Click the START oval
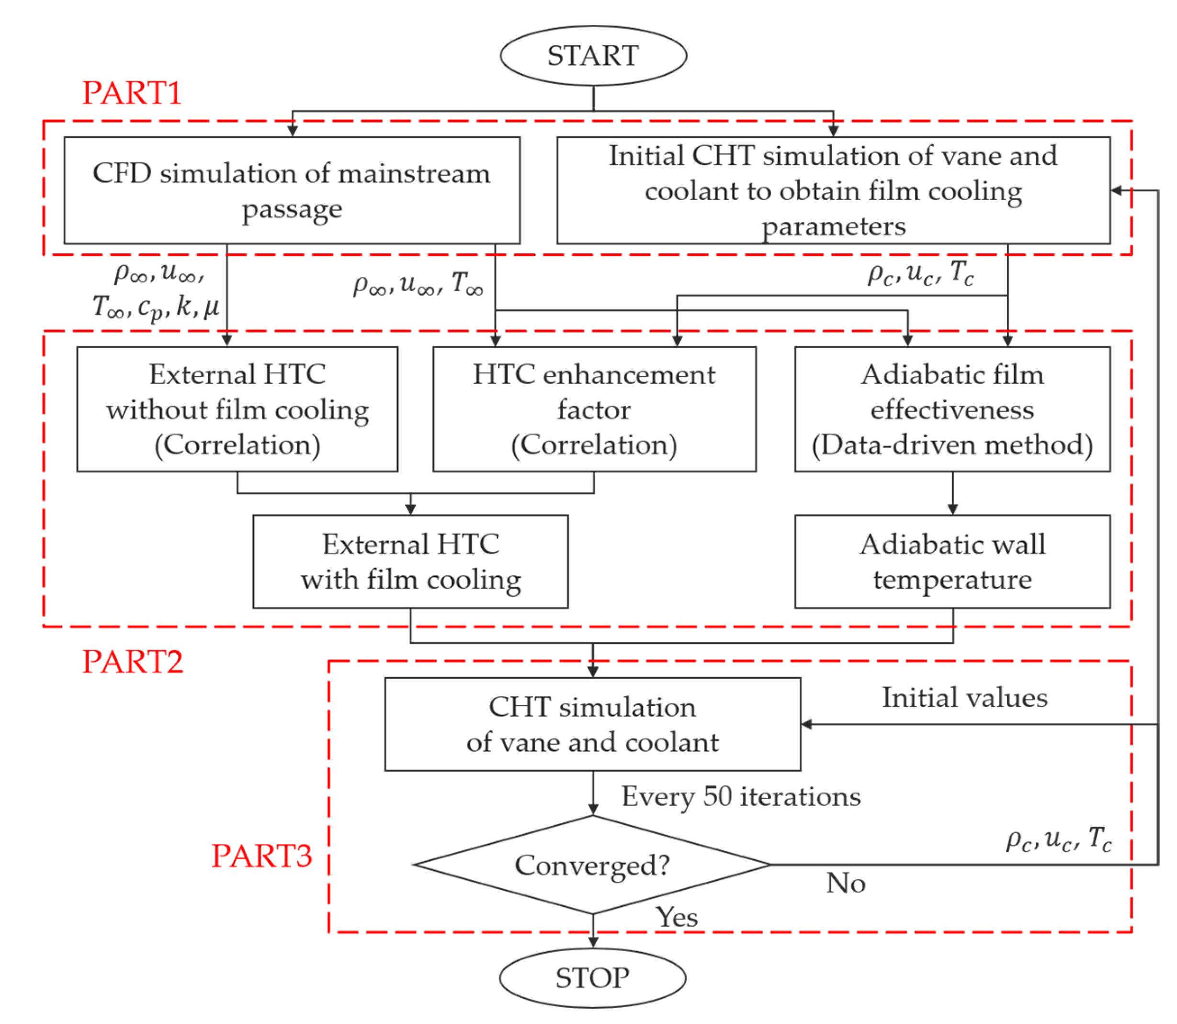(593, 56)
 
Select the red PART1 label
(132, 92)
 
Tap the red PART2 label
(133, 662)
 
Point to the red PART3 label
(261, 855)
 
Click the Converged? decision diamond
(592, 865)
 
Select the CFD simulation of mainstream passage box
(292, 190)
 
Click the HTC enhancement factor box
(594, 409)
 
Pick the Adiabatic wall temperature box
(952, 561)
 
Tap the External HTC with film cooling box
(410, 561)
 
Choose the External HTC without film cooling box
(237, 409)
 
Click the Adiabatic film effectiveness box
(952, 409)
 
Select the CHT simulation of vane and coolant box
(592, 724)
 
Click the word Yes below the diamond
(677, 917)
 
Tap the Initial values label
(964, 698)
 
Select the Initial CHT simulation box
(833, 190)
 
